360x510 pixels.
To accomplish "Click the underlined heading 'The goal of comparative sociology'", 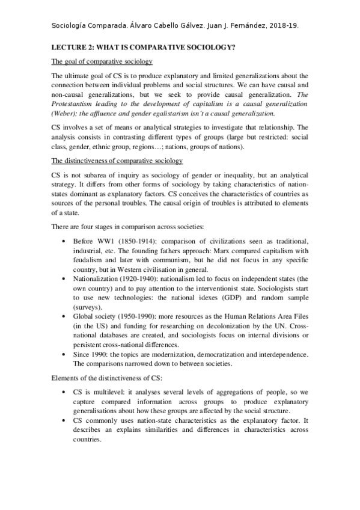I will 102,62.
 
